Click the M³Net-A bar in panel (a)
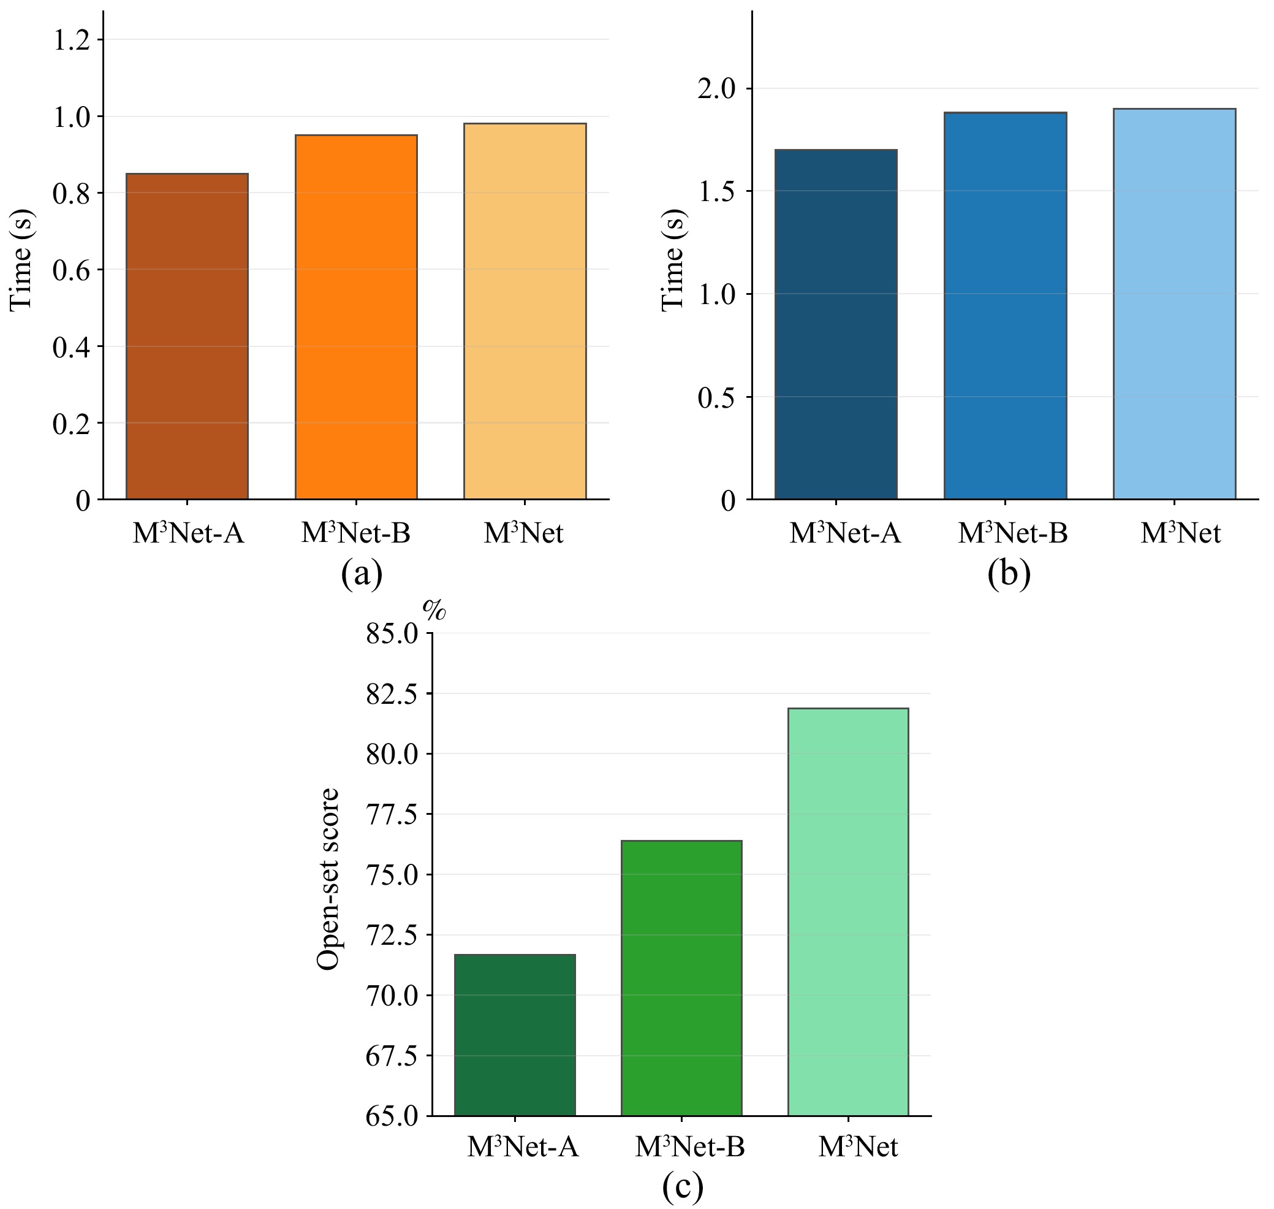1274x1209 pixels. (x=187, y=336)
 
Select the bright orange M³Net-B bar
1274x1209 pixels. (x=356, y=316)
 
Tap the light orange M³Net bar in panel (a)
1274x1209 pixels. (x=525, y=311)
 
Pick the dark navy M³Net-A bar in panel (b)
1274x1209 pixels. (x=835, y=324)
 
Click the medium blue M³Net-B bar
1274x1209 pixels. (x=1005, y=305)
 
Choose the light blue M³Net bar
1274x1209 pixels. (x=1174, y=303)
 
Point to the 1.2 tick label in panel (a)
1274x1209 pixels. (x=71, y=40)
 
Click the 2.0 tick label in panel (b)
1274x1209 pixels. (x=716, y=88)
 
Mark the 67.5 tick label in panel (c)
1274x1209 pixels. (x=392, y=1056)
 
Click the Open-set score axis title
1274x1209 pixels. (x=328, y=879)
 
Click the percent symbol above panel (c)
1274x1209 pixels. (x=434, y=609)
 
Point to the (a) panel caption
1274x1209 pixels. (x=362, y=574)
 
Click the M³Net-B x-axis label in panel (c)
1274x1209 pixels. (x=690, y=1147)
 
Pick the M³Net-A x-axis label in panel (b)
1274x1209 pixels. (x=845, y=533)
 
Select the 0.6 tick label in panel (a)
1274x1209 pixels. (x=71, y=270)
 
